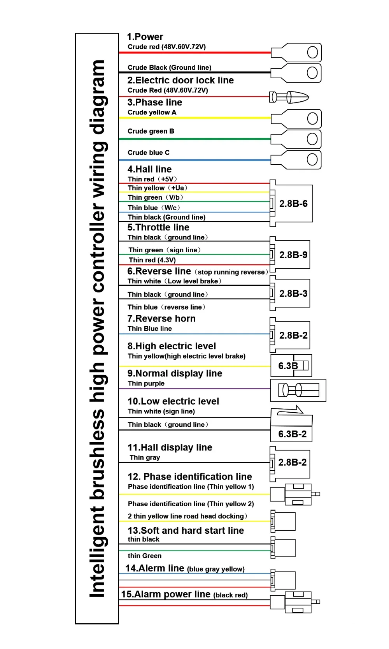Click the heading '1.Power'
[x=145, y=37]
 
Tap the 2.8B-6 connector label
[x=293, y=204]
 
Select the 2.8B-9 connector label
[x=293, y=255]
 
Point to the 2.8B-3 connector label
[x=293, y=294]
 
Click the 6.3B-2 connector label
[x=292, y=434]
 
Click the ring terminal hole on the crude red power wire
[x=312, y=52]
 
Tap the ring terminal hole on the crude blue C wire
[x=312, y=159]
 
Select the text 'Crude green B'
[x=151, y=131]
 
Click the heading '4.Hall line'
[x=149, y=169]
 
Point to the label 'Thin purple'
[x=146, y=383]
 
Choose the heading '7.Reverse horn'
[x=161, y=318]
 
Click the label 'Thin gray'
[x=145, y=457]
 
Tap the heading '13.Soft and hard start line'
[x=186, y=530]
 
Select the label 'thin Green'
[x=144, y=556]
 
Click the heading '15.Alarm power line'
[x=166, y=594]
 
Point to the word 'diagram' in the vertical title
[x=97, y=97]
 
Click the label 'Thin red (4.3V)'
[x=152, y=260]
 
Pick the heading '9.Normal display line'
[x=175, y=373]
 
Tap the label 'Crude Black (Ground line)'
[x=169, y=67]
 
